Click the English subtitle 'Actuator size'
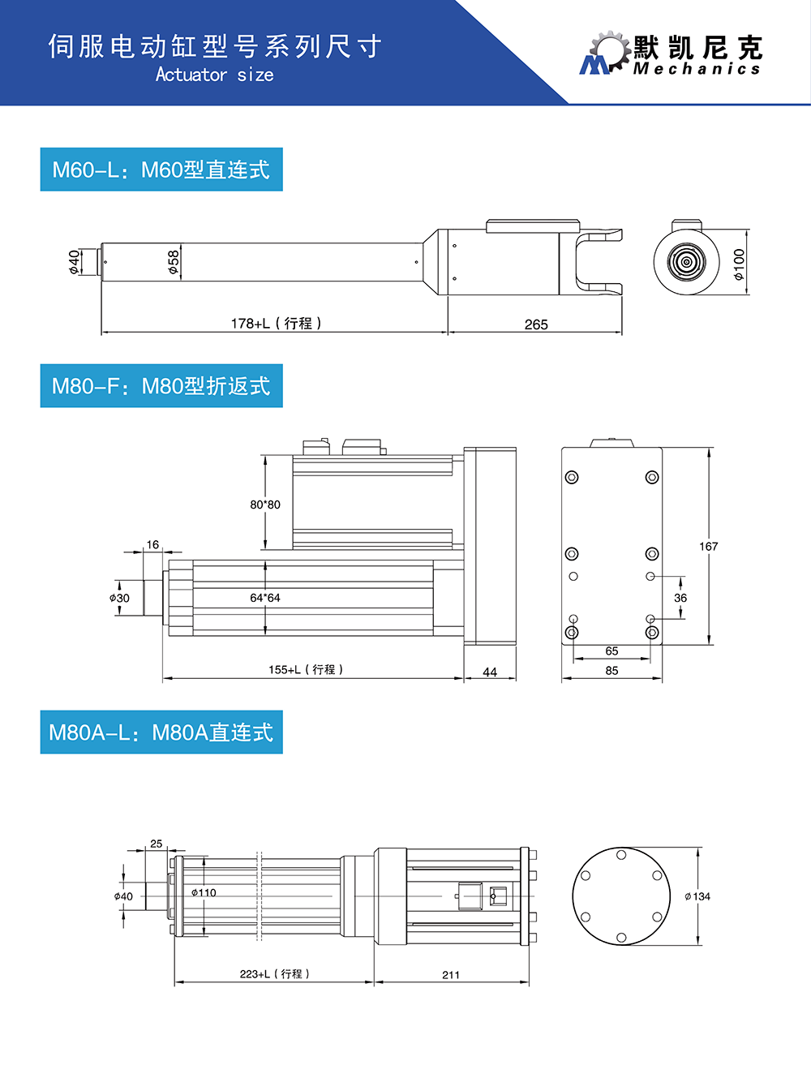pos(214,75)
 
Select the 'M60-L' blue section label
pos(161,170)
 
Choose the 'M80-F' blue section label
pos(161,386)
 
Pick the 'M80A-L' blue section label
pos(161,732)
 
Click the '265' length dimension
pos(536,324)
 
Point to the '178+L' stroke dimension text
pos(276,323)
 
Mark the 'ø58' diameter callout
pos(174,262)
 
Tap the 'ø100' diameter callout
pos(739,264)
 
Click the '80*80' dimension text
pos(265,505)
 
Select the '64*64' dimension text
pos(265,598)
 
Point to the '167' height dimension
pos(709,546)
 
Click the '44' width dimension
pos(490,672)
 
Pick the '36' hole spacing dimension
pos(680,598)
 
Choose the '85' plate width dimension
pos(611,671)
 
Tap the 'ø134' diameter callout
pos(697,896)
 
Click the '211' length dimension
pos(451,975)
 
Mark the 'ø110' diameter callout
pos(204,893)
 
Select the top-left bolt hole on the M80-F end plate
pos(572,477)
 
